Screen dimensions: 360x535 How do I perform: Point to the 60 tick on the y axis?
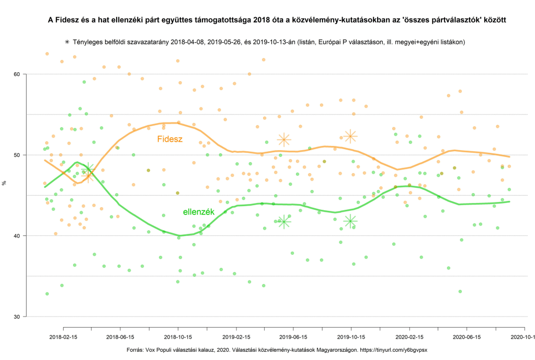point(16,74)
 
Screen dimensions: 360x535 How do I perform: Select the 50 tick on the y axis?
point(16,155)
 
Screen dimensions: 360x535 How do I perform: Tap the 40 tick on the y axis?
point(16,236)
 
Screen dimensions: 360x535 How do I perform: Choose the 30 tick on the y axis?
point(16,317)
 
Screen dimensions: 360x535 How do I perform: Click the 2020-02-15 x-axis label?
point(409,338)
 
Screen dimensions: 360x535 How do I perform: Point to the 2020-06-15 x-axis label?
point(467,338)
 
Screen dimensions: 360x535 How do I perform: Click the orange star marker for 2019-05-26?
point(284,139)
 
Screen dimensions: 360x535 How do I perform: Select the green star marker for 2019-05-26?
point(284,222)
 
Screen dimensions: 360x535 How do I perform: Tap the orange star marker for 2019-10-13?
point(350,136)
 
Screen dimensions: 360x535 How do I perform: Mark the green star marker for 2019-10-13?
point(350,221)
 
